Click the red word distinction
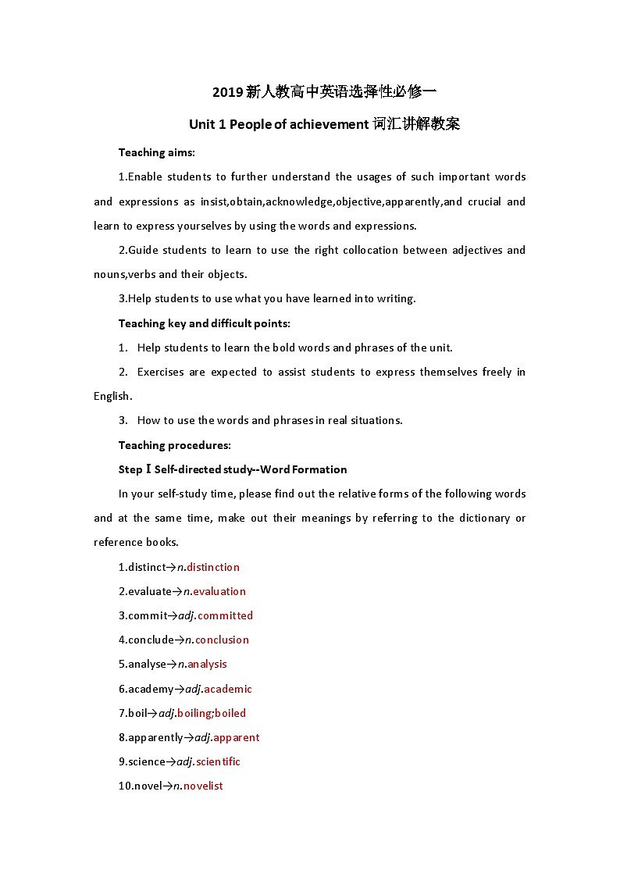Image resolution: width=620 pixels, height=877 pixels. pos(213,567)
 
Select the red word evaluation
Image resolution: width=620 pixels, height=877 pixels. pos(219,591)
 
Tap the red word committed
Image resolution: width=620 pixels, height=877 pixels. pos(225,615)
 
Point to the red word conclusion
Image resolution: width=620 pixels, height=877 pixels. pos(222,640)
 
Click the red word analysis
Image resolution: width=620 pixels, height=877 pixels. pos(207,664)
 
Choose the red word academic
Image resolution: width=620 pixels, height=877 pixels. pos(228,689)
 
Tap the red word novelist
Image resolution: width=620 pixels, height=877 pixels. pos(203,786)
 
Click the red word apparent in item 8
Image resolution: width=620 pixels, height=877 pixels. pos(236,737)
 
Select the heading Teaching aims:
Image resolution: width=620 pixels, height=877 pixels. pos(157,152)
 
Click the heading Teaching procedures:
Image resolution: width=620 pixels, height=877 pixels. pos(175,445)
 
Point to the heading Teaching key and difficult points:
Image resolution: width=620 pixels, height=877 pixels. pos(205,323)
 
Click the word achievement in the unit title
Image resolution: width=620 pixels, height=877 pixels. pos(329,124)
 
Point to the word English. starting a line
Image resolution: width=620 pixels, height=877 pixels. pos(113,396)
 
